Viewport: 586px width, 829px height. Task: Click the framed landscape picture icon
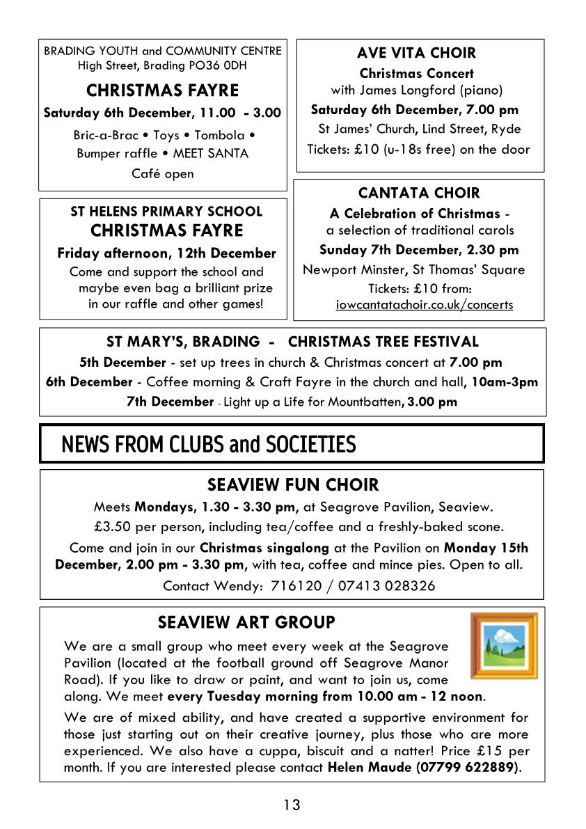(x=504, y=645)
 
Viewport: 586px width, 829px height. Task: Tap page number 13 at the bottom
(x=292, y=805)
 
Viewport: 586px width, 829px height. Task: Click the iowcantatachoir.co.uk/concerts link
(x=424, y=305)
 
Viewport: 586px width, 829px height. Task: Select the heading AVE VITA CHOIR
(x=416, y=53)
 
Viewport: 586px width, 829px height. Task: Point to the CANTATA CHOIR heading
(x=419, y=193)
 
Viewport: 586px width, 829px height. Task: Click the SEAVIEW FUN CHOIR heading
(x=293, y=484)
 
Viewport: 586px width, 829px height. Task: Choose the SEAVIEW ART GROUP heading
(x=246, y=622)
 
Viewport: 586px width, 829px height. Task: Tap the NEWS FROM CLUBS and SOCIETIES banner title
(x=209, y=444)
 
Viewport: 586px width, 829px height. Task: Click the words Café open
(x=163, y=173)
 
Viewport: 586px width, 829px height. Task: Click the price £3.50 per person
(x=143, y=526)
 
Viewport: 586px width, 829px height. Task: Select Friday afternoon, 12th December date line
(x=166, y=253)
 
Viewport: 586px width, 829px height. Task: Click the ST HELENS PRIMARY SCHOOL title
(x=166, y=212)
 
